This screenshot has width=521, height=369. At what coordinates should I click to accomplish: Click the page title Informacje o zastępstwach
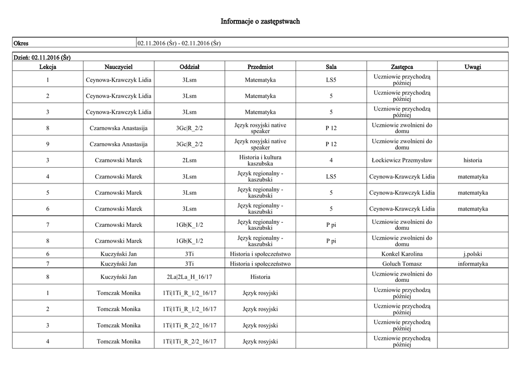260,21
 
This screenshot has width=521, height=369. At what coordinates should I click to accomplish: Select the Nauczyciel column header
119,67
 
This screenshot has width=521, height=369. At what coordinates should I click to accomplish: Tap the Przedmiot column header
260,67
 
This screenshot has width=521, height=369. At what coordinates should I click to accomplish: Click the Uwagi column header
473,67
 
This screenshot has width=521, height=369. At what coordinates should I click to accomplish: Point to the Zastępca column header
402,67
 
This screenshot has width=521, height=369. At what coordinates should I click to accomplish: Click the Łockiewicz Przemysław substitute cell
402,161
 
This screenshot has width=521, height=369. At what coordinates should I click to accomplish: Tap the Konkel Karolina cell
402,254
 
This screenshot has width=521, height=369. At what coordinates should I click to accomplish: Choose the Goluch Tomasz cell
402,264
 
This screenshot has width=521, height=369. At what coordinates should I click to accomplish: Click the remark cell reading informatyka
473,264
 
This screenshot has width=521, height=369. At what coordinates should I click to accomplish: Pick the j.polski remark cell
473,254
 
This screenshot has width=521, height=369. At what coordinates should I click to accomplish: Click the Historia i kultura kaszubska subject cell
260,161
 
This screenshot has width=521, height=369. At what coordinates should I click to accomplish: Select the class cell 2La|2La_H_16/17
189,277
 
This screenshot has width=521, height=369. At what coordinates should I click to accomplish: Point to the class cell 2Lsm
189,161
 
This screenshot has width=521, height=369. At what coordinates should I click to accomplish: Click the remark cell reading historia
473,161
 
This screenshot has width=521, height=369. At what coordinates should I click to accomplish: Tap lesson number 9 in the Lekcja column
48,144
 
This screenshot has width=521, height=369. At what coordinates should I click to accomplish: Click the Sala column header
331,67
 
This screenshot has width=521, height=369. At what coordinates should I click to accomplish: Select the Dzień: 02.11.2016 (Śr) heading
42,57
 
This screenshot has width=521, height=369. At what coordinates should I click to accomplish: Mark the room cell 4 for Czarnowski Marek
331,161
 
